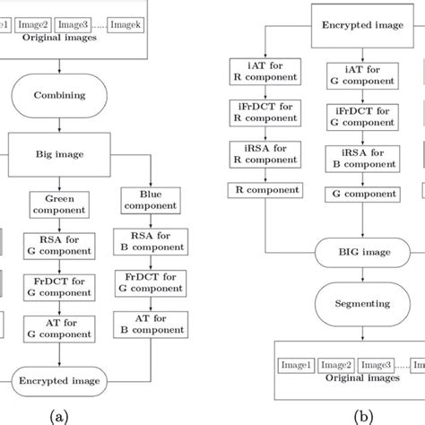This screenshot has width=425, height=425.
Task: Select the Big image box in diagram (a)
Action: [58, 154]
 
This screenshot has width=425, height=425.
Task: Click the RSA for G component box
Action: [58, 247]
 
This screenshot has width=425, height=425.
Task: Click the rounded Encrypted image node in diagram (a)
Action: [58, 380]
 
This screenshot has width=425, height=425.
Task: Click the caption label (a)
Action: [59, 414]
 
